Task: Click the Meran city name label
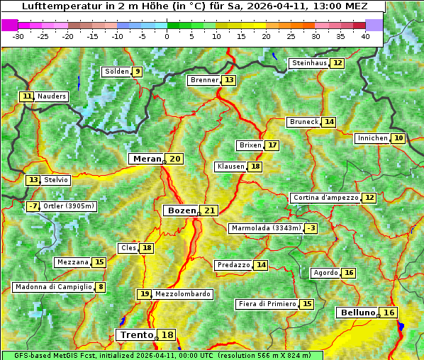pos(147,159)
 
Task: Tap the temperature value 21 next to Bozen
pos(209,210)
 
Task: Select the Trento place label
pos(136,335)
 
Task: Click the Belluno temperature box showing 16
pos(389,313)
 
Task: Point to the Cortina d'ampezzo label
pos(325,198)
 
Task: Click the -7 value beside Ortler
pos(33,206)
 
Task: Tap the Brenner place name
pos(204,80)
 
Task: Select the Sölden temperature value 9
pos(138,72)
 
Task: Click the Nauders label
pos(52,96)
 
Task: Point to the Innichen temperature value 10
pos(398,138)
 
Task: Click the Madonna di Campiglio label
pos(52,287)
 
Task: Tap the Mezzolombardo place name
pos(182,294)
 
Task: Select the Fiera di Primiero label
pos(267,304)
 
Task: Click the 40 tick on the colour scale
pos(365,35)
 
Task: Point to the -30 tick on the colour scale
pos(18,35)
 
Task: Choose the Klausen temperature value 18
pos(255,167)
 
